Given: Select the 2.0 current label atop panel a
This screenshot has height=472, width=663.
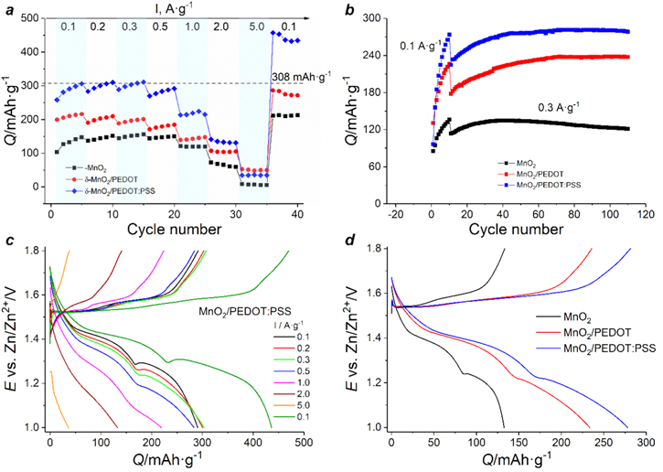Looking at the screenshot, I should click(x=219, y=26).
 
